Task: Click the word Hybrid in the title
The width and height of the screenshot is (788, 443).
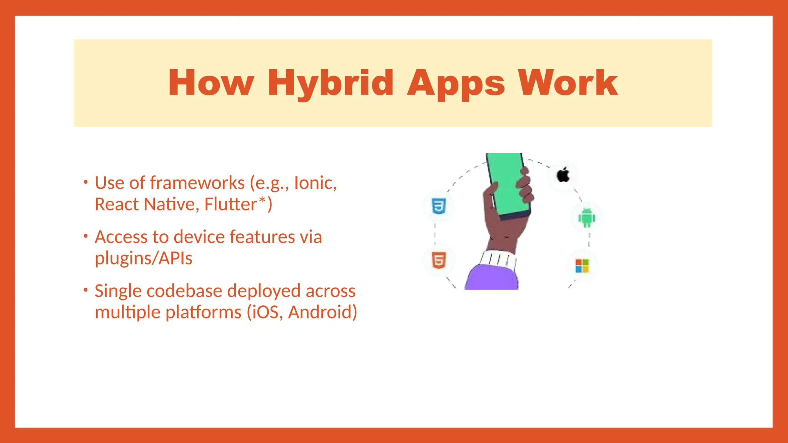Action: pyautogui.click(x=330, y=83)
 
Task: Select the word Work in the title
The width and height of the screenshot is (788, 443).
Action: pyautogui.click(x=568, y=83)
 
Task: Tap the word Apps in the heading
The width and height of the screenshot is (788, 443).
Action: pyautogui.click(x=456, y=83)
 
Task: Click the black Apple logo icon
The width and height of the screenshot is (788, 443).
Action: pyautogui.click(x=563, y=175)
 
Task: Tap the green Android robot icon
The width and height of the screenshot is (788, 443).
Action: pyautogui.click(x=587, y=218)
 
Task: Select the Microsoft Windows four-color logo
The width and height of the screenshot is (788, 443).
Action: pyautogui.click(x=582, y=266)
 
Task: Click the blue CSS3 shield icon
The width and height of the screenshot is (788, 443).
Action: pyautogui.click(x=439, y=206)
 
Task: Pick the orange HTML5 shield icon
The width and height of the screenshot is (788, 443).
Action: pyautogui.click(x=439, y=260)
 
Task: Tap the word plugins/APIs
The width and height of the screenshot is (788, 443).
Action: pyautogui.click(x=144, y=258)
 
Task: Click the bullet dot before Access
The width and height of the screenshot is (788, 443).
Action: pyautogui.click(x=86, y=236)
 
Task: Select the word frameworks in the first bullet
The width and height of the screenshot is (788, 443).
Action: pyautogui.click(x=197, y=183)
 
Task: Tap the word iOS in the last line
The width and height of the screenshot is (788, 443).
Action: pyautogui.click(x=265, y=312)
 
